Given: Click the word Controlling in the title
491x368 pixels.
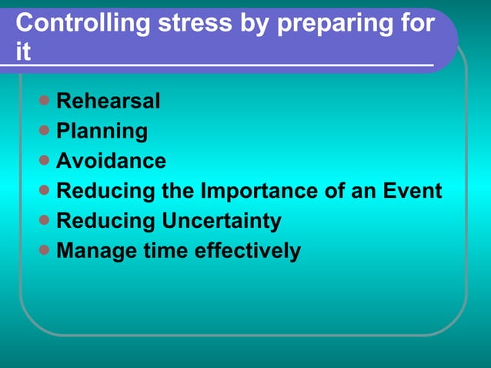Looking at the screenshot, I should pyautogui.click(x=82, y=24).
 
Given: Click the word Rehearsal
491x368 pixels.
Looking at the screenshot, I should pyautogui.click(x=109, y=101).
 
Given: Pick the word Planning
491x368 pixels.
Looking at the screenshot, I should pyautogui.click(x=102, y=131).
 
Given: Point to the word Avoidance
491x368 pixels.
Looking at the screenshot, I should pyautogui.click(x=112, y=161).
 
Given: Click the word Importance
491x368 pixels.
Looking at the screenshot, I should pyautogui.click(x=259, y=191).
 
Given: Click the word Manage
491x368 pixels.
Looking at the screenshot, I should pyautogui.click(x=95, y=251).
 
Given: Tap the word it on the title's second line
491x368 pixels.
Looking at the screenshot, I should pyautogui.click(x=23, y=53).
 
